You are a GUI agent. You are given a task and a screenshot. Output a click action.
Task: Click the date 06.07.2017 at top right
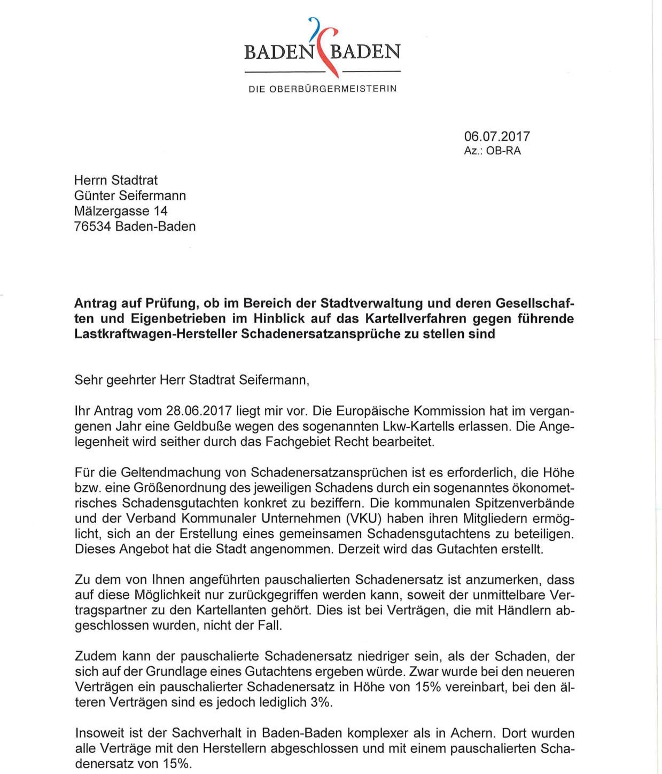pyautogui.click(x=497, y=136)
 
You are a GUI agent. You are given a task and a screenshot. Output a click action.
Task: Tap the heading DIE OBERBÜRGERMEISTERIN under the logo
pyautogui.click(x=322, y=89)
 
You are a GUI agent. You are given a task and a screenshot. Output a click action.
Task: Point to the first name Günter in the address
pyautogui.click(x=94, y=196)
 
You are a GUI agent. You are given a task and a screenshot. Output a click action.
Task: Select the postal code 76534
pyautogui.click(x=92, y=226)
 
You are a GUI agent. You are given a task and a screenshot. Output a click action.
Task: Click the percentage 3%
pyautogui.click(x=320, y=702)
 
